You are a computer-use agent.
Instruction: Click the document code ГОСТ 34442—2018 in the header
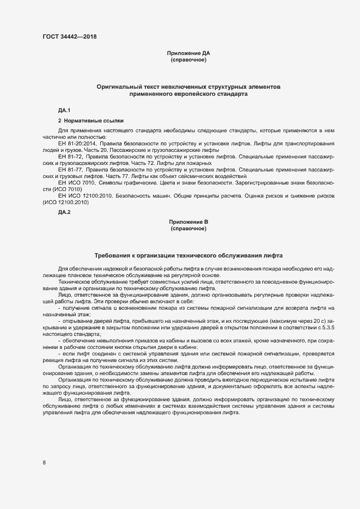pyautogui.click(x=70, y=36)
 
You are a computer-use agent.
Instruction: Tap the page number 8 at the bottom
pyautogui.click(x=44, y=463)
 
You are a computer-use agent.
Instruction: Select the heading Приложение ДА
pyautogui.click(x=188, y=53)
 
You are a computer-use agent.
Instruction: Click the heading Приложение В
pyautogui.click(x=188, y=222)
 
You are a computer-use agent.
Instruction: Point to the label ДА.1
pyautogui.click(x=64, y=111)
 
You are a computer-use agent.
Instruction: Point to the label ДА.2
pyautogui.click(x=64, y=212)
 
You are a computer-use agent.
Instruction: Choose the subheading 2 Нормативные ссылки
pyautogui.click(x=90, y=120)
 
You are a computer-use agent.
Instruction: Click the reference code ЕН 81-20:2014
pyautogui.click(x=77, y=143)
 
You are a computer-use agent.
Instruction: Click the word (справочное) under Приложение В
pyautogui.click(x=188, y=229)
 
